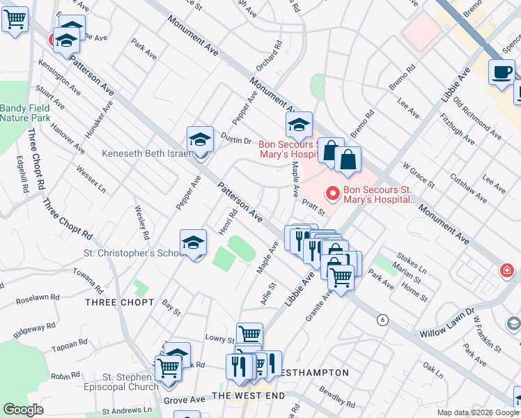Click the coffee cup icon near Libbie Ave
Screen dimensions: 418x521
pyautogui.click(x=501, y=72)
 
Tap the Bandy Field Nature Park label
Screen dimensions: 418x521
pyautogui.click(x=25, y=113)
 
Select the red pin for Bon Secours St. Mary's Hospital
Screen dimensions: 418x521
pyautogui.click(x=333, y=193)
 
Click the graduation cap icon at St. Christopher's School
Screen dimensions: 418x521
pyautogui.click(x=193, y=243)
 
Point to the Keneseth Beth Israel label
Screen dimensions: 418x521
pyautogui.click(x=145, y=153)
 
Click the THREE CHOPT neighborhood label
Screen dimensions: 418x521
pyautogui.click(x=119, y=302)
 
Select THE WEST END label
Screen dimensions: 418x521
pyautogui.click(x=248, y=396)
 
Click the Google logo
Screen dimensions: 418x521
pyautogui.click(x=23, y=410)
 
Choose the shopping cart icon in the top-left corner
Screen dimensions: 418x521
pyautogui.click(x=15, y=19)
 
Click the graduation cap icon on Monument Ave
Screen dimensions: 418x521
pyautogui.click(x=298, y=125)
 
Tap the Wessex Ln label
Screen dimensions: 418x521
pyautogui.click(x=91, y=179)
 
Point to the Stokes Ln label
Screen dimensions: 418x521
pyautogui.click(x=411, y=263)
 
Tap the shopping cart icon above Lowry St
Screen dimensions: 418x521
pyautogui.click(x=249, y=335)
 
